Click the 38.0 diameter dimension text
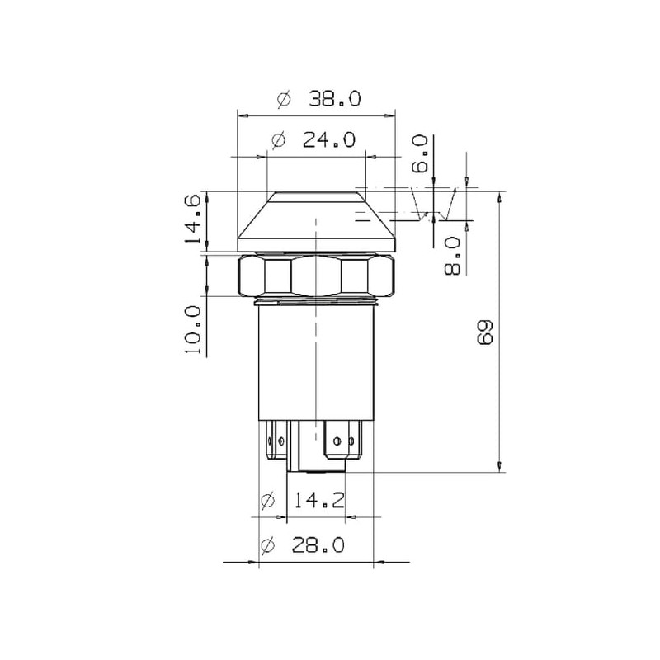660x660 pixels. [335, 99]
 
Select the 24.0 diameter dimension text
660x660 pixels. [329, 139]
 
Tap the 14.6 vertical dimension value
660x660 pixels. [194, 219]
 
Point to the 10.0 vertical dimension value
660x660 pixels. [194, 329]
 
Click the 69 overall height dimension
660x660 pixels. [486, 332]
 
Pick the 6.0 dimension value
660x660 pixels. [420, 154]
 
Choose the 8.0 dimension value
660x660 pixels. [453, 256]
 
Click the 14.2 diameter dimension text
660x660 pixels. [318, 500]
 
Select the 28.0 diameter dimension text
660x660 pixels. [318, 545]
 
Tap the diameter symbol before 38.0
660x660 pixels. [284, 99]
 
